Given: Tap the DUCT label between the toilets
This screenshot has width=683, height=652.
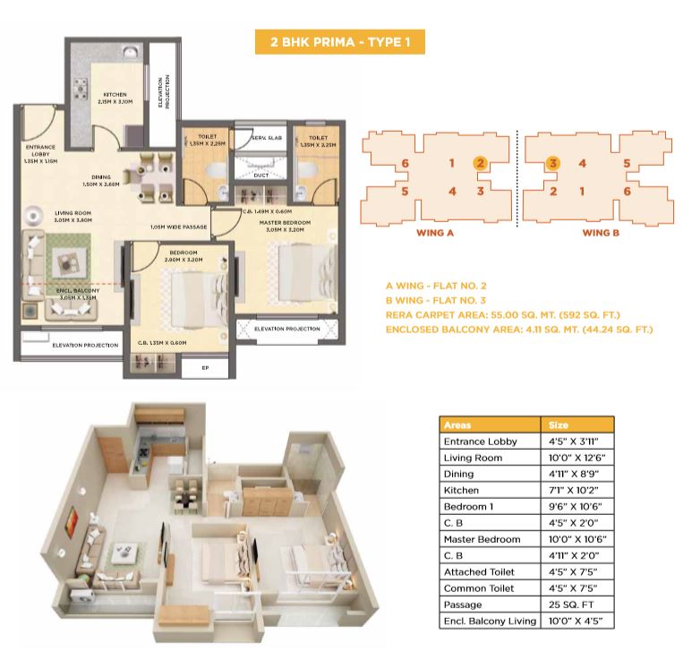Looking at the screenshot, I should [x=261, y=176].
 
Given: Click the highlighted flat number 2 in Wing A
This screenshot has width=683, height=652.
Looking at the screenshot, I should [x=481, y=163].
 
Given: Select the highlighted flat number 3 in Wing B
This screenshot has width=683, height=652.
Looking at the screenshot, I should [x=554, y=163].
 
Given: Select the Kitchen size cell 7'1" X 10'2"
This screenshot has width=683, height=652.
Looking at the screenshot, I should [x=575, y=490].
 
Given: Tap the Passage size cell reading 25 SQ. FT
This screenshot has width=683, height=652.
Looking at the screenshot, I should [x=570, y=605].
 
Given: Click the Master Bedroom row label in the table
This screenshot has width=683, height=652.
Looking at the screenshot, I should [x=482, y=539].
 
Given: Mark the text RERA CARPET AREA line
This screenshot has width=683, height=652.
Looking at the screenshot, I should [x=503, y=314].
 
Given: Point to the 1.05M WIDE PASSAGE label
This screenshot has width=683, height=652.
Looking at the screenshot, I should [x=179, y=227].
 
